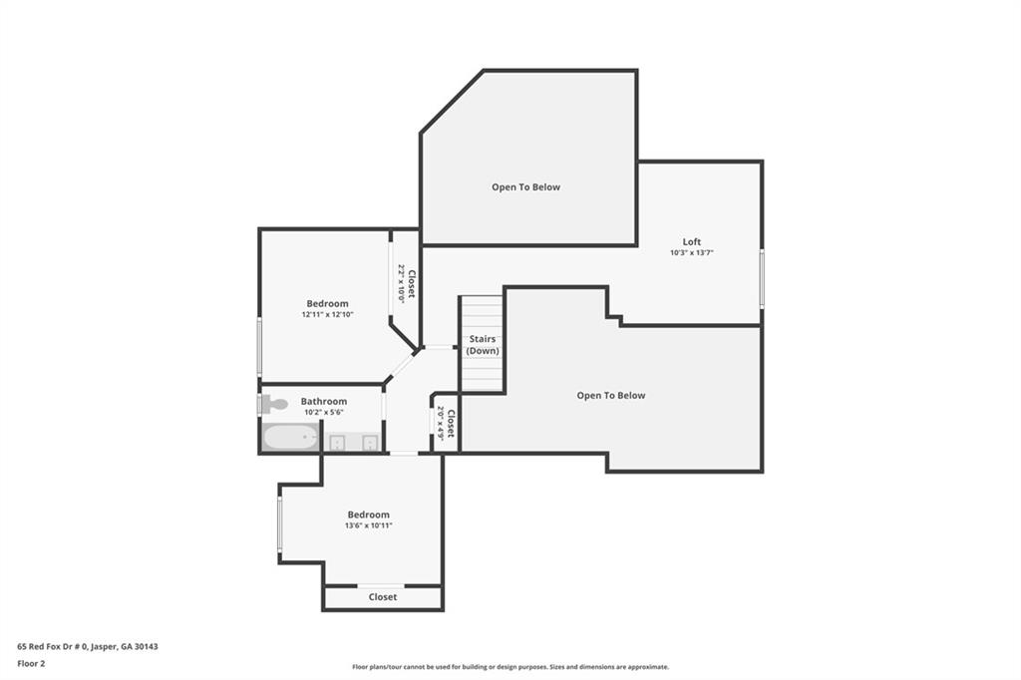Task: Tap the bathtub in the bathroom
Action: (290, 438)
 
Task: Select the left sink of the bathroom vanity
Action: (338, 442)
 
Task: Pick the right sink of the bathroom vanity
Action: (369, 442)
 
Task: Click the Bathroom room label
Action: (324, 401)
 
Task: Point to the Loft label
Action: (691, 241)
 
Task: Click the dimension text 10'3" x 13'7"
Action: (691, 253)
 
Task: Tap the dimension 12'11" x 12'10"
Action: (327, 315)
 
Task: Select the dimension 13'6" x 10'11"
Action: (368, 525)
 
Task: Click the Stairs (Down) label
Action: (483, 345)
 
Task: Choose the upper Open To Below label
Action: (525, 186)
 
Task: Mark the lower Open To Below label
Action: (610, 395)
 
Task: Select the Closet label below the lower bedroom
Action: (383, 597)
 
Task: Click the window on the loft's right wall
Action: (762, 279)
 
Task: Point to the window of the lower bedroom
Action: (280, 524)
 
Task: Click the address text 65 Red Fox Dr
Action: (88, 646)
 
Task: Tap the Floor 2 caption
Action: (31, 662)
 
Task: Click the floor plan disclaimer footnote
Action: (510, 667)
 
